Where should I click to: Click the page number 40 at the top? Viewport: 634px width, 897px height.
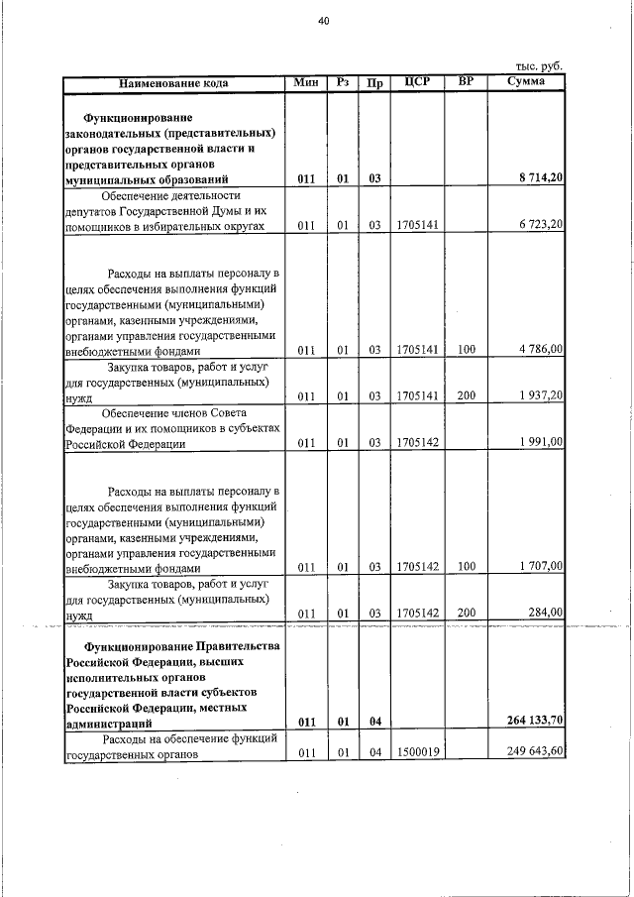[x=323, y=20]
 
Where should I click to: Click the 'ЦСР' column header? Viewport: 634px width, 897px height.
[x=416, y=82]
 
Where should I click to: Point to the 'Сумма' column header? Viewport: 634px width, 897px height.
[x=525, y=82]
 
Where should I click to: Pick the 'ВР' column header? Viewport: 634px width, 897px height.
[x=467, y=82]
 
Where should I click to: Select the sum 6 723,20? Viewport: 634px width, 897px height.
[x=541, y=226]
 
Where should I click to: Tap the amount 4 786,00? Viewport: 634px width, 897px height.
[x=541, y=350]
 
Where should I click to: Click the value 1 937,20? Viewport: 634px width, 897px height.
[x=541, y=396]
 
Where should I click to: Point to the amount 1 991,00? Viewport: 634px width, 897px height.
[x=541, y=443]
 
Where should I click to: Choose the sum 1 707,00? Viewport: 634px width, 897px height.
[x=541, y=567]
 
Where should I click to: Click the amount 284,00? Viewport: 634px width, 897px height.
[x=546, y=614]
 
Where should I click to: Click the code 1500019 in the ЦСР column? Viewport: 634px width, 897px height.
[x=417, y=753]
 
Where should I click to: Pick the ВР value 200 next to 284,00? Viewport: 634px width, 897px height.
[x=467, y=614]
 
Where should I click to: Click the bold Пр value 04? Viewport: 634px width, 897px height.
[x=374, y=721]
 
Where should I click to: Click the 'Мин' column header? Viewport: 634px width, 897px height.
[x=306, y=82]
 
